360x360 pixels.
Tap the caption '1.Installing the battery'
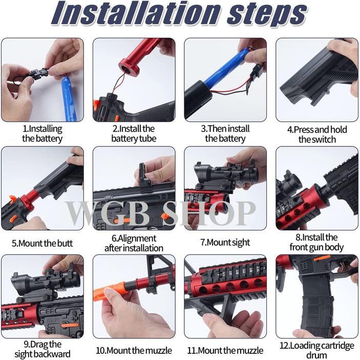[42, 134]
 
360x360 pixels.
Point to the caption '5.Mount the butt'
[42, 243]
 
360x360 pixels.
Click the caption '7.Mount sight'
[225, 243]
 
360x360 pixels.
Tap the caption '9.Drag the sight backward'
[42, 349]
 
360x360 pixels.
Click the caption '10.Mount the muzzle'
[134, 351]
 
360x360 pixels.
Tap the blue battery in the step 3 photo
[225, 69]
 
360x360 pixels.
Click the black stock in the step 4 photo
[312, 82]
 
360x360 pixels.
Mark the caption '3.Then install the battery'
[225, 134]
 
